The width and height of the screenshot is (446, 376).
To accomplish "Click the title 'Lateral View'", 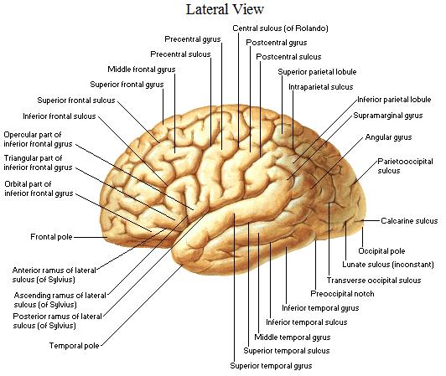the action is [x=225, y=9].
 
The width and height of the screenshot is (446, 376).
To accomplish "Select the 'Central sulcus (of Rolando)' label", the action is [x=280, y=28].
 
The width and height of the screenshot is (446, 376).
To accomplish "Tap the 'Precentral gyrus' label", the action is [x=193, y=39].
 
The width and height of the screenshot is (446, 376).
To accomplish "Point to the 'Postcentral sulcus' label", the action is [x=288, y=57].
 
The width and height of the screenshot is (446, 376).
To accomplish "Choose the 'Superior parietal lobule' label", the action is [x=317, y=72].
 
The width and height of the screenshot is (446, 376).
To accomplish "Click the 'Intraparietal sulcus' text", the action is [x=320, y=87].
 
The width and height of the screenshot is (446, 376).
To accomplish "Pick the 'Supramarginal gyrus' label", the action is [x=388, y=116].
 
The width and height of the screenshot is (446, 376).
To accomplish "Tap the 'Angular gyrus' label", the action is [x=388, y=137].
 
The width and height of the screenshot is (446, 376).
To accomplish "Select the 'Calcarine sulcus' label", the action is [x=409, y=221].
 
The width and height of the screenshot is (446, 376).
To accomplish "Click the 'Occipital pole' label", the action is [x=381, y=251].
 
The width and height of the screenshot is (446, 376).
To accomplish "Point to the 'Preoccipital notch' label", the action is [x=342, y=294].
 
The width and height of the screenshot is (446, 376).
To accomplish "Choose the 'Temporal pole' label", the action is [x=75, y=346].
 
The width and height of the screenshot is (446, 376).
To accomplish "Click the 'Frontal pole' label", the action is [x=51, y=237].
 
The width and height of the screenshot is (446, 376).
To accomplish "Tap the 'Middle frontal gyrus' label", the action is [x=142, y=70].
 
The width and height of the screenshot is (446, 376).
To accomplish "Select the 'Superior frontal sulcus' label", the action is [x=76, y=100].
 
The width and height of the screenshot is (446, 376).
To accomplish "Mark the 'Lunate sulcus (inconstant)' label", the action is [x=388, y=265].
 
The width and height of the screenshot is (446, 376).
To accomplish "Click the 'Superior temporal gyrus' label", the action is [x=271, y=366].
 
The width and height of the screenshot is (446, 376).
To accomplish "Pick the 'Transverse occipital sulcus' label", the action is [x=374, y=281].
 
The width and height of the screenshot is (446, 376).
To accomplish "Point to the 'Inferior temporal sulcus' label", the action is [x=306, y=322].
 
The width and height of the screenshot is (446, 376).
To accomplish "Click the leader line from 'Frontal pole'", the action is [x=91, y=237].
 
